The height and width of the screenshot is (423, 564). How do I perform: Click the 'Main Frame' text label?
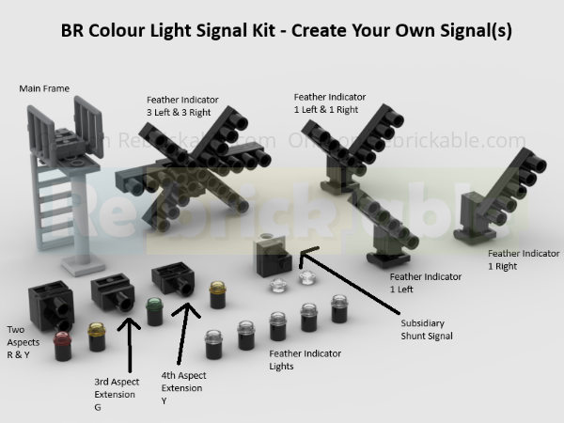click(45, 88)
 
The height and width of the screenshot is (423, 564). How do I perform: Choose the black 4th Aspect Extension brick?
click(173, 277)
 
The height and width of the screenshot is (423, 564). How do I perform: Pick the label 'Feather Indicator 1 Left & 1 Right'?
click(330, 102)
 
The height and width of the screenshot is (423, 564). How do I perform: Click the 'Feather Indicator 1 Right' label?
click(521, 259)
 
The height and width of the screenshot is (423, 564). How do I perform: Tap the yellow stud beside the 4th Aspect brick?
click(217, 289)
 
